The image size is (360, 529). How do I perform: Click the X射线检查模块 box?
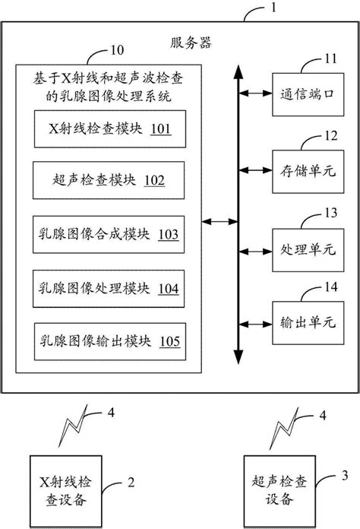107,128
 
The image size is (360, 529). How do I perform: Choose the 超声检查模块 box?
107,180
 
